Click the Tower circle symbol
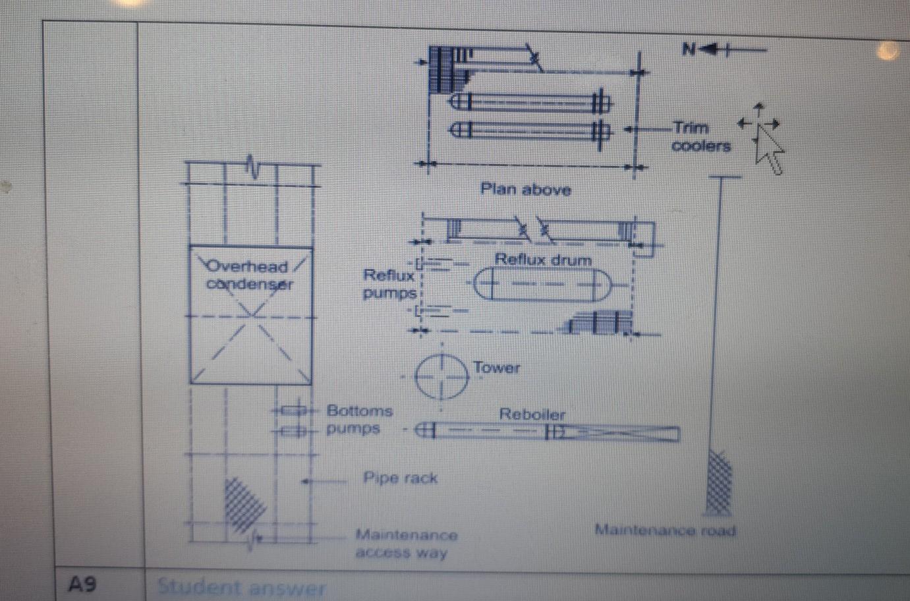click(441, 377)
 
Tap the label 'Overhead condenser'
click(248, 275)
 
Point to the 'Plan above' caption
click(525, 190)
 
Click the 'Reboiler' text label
click(532, 415)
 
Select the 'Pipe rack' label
click(400, 478)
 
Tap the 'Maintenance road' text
click(665, 530)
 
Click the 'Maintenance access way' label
click(405, 544)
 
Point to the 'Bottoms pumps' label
click(358, 420)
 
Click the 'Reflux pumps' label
click(389, 283)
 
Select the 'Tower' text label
click(496, 367)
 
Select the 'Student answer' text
click(241, 587)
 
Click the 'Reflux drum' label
click(543, 259)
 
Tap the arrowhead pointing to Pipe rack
click(305, 482)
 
